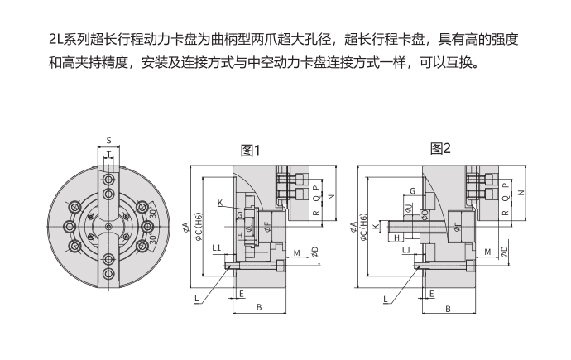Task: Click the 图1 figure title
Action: tap(250, 151)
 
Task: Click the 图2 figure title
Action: tap(441, 149)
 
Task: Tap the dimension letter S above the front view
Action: tap(108, 140)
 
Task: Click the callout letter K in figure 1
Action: tap(220, 203)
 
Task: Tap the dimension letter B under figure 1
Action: tap(259, 308)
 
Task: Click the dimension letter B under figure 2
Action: tap(448, 309)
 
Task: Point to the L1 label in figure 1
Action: tap(216, 247)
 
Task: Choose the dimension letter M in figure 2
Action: tap(487, 251)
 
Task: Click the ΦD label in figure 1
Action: tap(315, 250)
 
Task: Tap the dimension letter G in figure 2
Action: tap(411, 191)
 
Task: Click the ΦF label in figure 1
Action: tap(266, 223)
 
